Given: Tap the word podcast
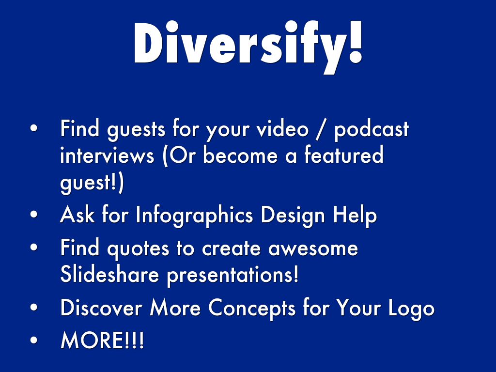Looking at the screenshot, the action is point(372,130).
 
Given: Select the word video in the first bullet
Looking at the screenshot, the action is point(282,128).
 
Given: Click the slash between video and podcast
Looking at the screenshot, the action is point(321,130).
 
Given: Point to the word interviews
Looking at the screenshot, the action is point(107,155).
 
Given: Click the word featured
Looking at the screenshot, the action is point(344,155).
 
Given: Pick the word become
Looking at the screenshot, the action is point(240,155).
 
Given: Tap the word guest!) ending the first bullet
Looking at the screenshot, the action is point(92,183).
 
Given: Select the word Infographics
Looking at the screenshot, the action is point(195,216).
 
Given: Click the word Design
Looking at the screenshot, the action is point(293,216).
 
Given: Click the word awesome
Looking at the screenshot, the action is point(313,248).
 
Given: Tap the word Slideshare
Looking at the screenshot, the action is point(109,274).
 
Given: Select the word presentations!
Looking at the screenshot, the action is point(232,275).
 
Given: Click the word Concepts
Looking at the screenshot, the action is point(251,308).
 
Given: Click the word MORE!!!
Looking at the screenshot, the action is point(102,340).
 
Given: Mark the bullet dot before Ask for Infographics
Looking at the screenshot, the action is point(34,215).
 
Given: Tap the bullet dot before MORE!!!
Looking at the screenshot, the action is point(34,341).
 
